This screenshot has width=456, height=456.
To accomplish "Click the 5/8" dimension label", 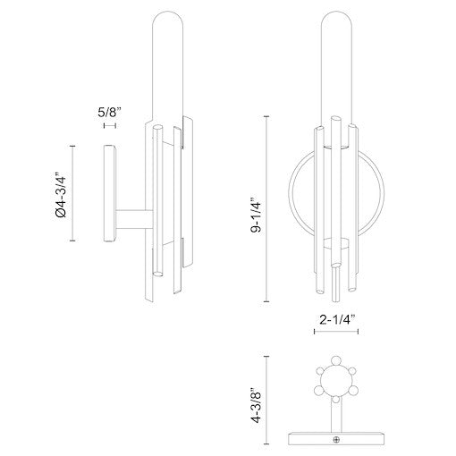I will point(108,113).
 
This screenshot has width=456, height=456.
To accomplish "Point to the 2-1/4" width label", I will point(335,317).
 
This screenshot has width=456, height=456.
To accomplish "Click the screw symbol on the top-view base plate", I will point(336,439).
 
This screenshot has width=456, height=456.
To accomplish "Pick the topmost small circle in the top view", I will point(335,365).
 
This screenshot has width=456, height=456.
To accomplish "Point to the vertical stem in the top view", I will point(335,418).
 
